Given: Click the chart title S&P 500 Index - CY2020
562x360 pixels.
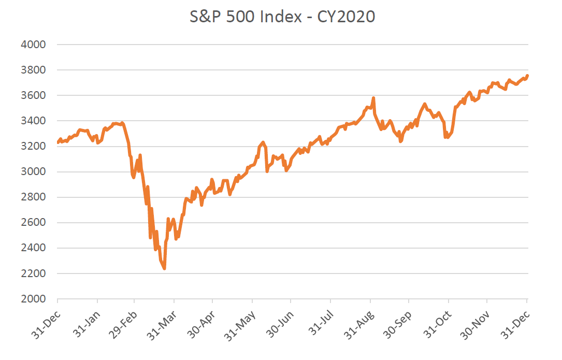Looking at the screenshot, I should pyautogui.click(x=282, y=17).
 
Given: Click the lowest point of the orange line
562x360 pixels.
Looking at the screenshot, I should pyautogui.click(x=164, y=268).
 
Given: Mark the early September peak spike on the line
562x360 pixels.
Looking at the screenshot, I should pyautogui.click(x=373, y=98).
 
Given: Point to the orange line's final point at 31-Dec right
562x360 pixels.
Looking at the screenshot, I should pyautogui.click(x=527, y=76).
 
